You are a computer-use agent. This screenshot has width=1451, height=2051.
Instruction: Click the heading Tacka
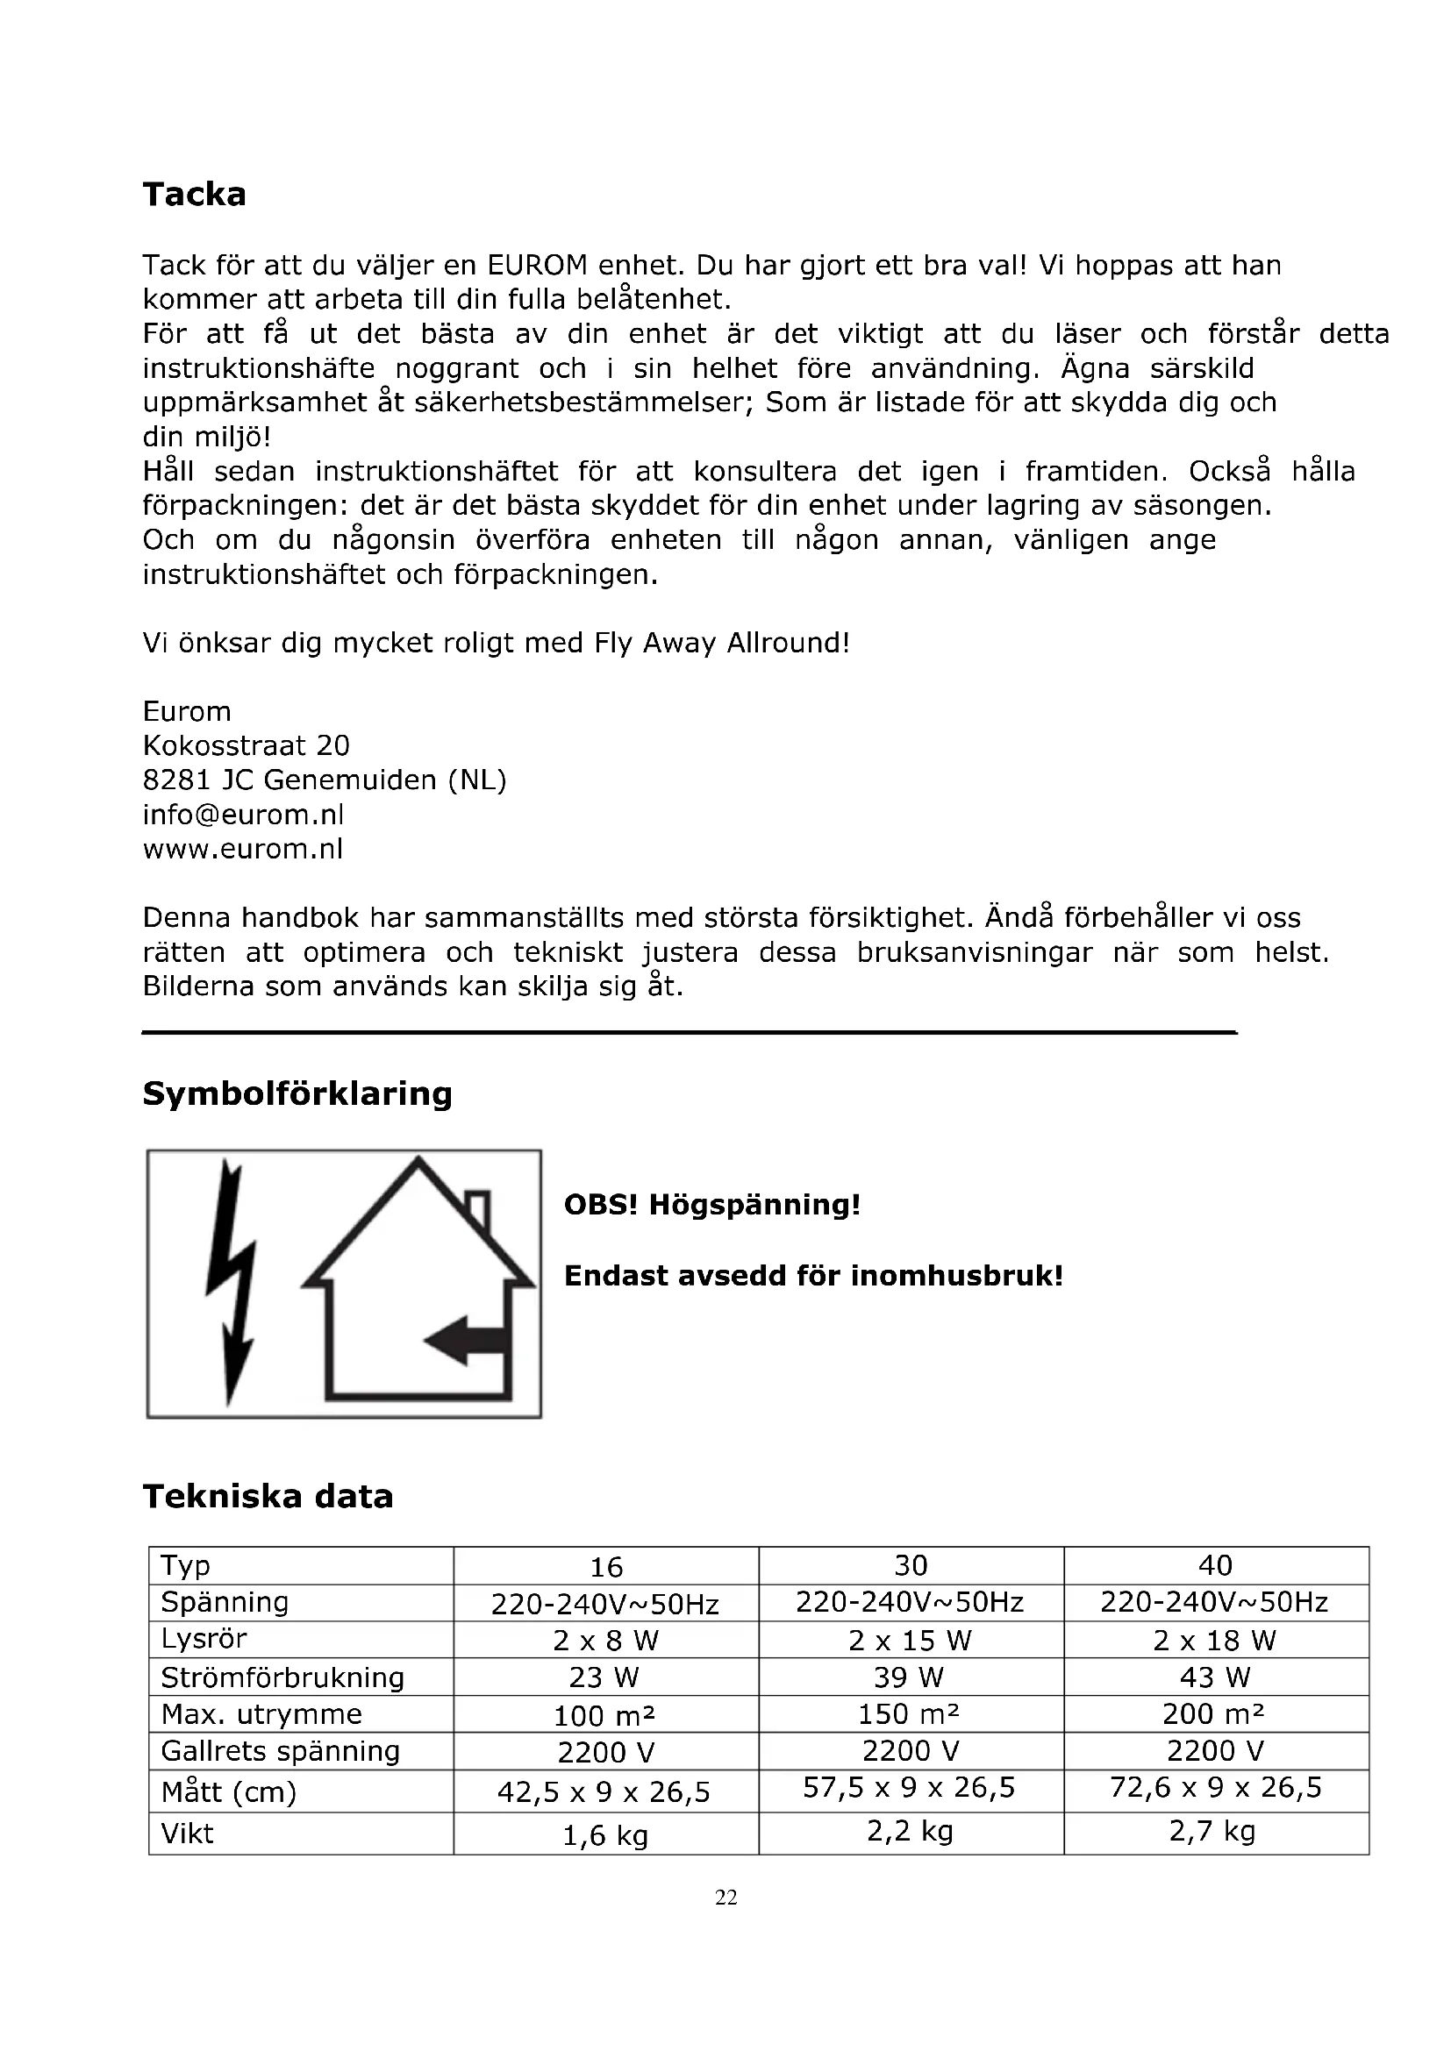click(194, 194)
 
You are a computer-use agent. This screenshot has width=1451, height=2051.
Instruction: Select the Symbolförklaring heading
click(297, 1093)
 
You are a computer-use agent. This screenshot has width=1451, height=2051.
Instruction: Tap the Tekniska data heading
click(268, 1496)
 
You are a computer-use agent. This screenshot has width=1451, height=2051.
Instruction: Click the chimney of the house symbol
click(479, 1207)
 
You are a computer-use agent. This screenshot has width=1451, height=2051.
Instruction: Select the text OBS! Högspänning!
click(712, 1204)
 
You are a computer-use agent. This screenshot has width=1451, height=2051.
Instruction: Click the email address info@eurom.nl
click(243, 815)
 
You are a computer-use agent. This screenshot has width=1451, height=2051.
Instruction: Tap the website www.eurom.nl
click(243, 849)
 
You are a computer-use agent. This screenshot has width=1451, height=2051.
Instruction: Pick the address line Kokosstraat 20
click(246, 746)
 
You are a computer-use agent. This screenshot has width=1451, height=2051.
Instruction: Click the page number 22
click(725, 1898)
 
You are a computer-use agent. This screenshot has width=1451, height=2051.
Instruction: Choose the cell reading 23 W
click(605, 1677)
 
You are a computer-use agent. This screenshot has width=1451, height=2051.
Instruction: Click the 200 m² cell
click(1214, 1714)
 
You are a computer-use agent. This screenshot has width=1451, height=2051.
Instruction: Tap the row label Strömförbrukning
click(282, 1677)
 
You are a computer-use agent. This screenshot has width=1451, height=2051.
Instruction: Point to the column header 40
click(1215, 1565)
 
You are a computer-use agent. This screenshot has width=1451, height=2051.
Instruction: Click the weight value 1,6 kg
click(605, 1834)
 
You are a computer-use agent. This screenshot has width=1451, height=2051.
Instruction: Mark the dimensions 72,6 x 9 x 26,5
click(1215, 1787)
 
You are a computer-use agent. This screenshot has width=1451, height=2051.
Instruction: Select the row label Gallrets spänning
click(280, 1751)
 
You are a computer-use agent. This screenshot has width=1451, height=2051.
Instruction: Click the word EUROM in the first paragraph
click(537, 266)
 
